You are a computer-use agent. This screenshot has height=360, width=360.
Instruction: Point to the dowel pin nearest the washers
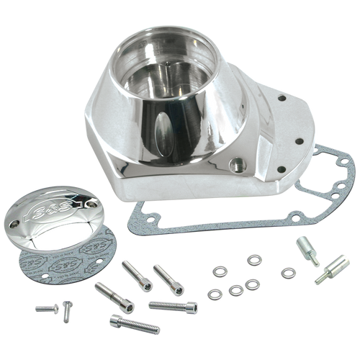[x=305, y=247]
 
